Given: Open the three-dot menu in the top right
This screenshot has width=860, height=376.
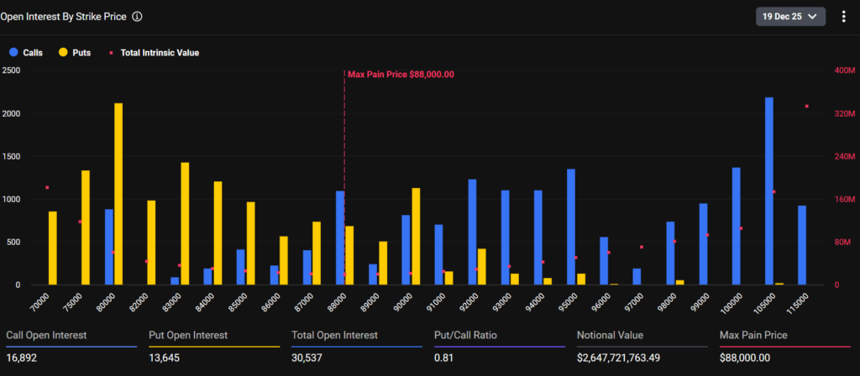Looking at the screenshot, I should (x=843, y=16).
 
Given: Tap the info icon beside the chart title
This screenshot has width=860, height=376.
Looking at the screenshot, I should (x=137, y=16).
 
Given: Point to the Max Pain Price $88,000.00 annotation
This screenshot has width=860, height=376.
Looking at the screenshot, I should (x=401, y=74).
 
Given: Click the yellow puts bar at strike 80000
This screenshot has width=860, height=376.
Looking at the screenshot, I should (x=118, y=194).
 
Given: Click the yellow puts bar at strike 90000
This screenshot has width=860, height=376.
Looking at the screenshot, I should (x=416, y=236).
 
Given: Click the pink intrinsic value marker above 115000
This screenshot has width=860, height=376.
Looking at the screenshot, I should (x=806, y=107).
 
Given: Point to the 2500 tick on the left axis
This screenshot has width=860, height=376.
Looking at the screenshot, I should (x=12, y=70).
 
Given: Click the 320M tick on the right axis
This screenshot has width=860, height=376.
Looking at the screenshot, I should (x=843, y=113).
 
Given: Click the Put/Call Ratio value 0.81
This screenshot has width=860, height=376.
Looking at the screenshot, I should (x=443, y=358).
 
